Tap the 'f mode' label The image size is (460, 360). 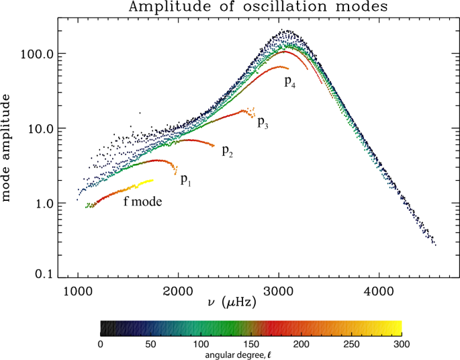click(142, 201)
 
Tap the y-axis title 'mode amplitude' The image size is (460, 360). click(8, 148)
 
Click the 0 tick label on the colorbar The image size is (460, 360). click(101, 344)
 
